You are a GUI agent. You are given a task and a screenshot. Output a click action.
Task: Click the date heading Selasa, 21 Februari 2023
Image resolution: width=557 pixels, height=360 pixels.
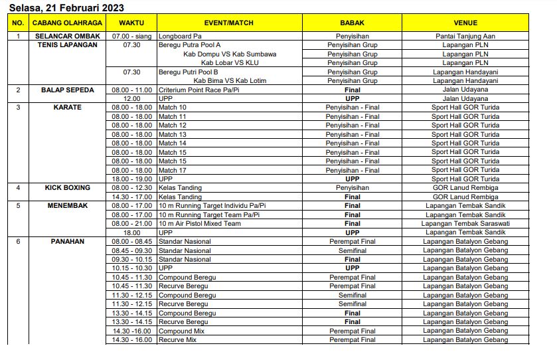click(x=66, y=7)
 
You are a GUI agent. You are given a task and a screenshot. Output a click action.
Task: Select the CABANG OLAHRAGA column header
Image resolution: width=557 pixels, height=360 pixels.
click(x=67, y=23)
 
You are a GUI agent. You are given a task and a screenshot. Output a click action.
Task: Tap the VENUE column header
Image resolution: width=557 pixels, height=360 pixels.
click(x=465, y=23)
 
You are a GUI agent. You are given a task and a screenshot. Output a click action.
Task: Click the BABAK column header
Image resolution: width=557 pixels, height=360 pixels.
click(x=352, y=23)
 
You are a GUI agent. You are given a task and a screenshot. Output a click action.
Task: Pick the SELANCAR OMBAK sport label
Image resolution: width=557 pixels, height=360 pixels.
click(x=67, y=37)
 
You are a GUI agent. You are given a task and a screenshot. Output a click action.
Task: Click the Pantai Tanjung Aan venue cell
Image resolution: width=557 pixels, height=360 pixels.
click(x=465, y=37)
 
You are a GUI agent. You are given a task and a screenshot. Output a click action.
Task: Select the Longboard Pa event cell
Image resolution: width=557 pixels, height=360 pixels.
click(x=181, y=37)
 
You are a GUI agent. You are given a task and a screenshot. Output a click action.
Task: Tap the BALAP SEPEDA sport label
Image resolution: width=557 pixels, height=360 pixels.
click(x=67, y=90)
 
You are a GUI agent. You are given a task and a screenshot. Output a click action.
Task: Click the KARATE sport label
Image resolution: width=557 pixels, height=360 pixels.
click(x=67, y=108)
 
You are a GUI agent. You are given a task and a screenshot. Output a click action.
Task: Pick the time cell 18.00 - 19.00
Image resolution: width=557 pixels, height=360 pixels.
click(x=132, y=179)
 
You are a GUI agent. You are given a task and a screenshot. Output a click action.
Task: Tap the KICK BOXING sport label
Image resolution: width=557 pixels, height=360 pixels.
click(x=67, y=188)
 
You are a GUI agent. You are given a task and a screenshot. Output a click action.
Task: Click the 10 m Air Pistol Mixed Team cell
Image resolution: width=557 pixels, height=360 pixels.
click(x=199, y=224)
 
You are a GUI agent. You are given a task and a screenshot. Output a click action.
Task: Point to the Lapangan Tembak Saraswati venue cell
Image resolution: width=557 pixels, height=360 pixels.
click(x=465, y=224)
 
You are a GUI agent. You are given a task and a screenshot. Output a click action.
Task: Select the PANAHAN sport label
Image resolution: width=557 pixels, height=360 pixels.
click(x=67, y=242)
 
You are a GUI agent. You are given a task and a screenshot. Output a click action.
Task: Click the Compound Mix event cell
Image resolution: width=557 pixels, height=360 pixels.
click(x=181, y=331)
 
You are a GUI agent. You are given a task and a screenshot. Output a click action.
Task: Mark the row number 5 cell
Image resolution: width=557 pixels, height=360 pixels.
click(x=18, y=206)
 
